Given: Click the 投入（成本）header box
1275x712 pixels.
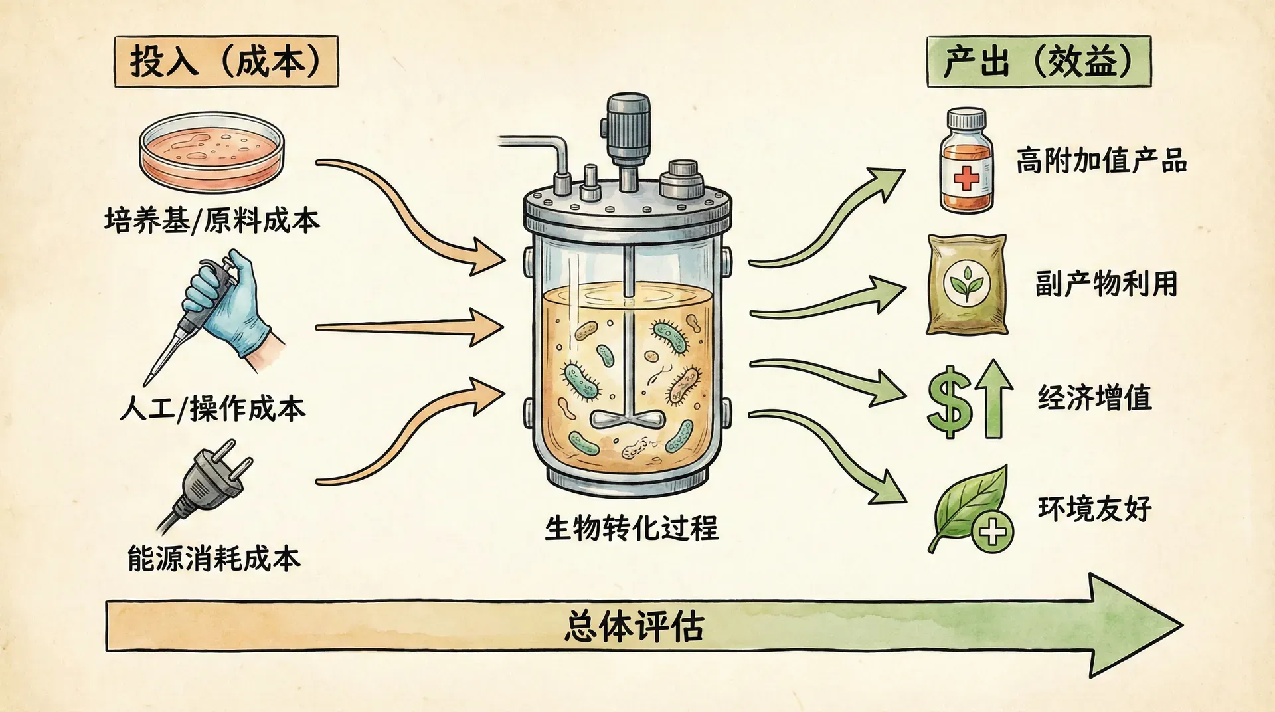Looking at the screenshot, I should tap(226, 62).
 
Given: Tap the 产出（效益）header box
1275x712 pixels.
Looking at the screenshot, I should tap(1038, 62).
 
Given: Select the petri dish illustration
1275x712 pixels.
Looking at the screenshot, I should tap(212, 152).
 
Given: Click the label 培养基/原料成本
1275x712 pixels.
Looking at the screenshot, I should tap(212, 221).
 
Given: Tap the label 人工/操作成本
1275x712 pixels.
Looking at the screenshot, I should tap(212, 408).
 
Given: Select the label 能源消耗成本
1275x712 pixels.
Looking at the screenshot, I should tap(214, 559).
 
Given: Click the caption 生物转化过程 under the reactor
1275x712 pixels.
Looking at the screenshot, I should tap(631, 529).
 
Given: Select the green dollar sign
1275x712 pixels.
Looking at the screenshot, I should tap(950, 402).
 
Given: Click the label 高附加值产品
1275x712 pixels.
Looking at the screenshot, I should tap(1101, 161).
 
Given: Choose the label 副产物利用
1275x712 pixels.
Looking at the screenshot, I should tap(1106, 284).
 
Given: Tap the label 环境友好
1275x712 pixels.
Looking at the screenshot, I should tap(1094, 509).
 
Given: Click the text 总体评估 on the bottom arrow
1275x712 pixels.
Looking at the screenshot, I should tap(634, 626).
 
